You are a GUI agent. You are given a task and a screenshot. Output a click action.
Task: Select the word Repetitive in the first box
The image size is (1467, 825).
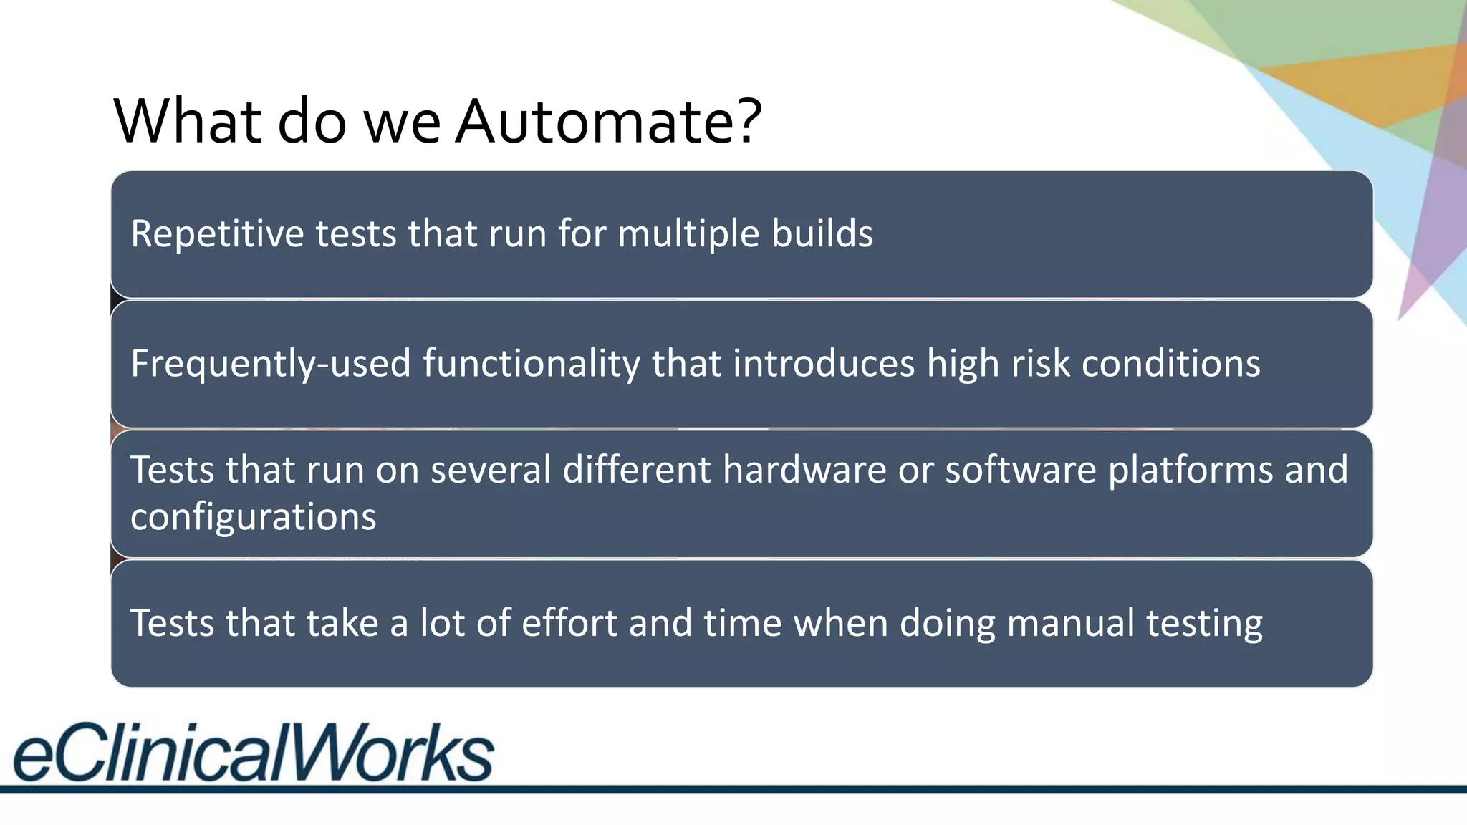click(217, 234)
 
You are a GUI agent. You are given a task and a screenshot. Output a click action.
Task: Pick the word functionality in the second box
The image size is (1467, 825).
click(531, 364)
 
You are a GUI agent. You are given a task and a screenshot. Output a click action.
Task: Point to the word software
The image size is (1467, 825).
click(1020, 471)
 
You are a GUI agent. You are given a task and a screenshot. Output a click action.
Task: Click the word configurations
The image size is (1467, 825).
click(253, 517)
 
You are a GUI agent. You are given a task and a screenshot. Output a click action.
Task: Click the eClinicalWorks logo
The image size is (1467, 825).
click(253, 752)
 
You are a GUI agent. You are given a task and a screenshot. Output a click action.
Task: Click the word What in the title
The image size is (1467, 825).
click(188, 122)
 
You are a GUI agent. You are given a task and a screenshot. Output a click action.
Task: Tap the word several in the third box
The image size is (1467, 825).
click(491, 471)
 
